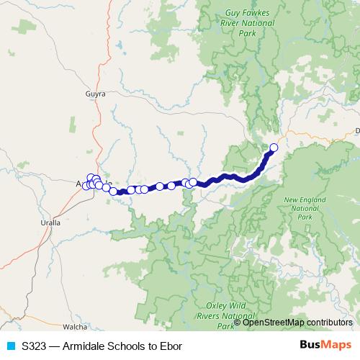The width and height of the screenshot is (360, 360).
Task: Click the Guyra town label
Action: point(95,94)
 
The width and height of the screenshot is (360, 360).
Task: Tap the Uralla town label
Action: point(50,223)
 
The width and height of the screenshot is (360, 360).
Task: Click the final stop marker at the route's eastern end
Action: point(273,148)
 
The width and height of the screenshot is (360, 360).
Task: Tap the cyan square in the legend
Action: point(11,346)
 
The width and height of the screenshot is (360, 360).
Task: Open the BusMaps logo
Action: point(325,346)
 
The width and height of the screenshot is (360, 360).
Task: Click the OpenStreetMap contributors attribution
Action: point(297,323)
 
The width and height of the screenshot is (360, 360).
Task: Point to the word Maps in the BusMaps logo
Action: point(336,346)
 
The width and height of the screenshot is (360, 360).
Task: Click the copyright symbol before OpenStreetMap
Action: point(239,323)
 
